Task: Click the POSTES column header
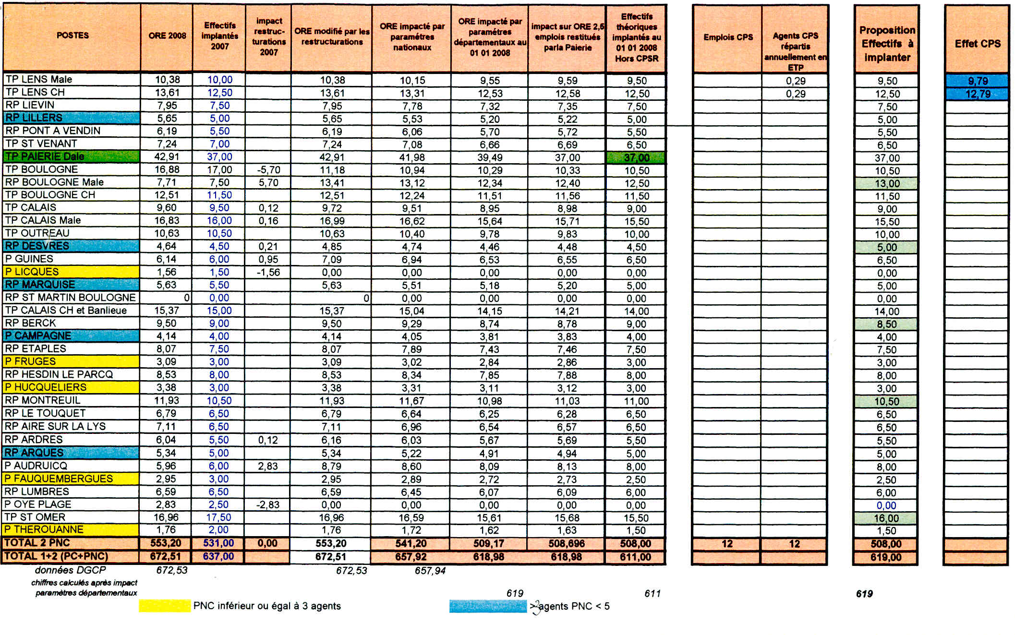[x=72, y=36]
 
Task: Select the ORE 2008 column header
[x=167, y=36]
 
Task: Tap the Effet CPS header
[x=978, y=44]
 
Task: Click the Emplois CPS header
[x=728, y=37]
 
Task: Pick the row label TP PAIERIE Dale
[x=45, y=156]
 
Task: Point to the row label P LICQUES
[x=32, y=272]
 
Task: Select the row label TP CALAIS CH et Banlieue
[x=66, y=311]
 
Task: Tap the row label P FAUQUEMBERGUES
[x=59, y=479]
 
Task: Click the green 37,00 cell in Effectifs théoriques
[x=637, y=157]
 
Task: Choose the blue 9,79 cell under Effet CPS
[x=978, y=81]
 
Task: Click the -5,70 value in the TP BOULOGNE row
[x=268, y=170]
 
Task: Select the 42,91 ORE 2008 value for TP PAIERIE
[x=167, y=156]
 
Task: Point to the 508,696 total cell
[x=567, y=543]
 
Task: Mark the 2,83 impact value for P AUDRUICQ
[x=268, y=466]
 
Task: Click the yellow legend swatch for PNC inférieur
[x=165, y=606]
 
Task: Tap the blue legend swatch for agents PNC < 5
[x=488, y=606]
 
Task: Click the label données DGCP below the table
[x=70, y=570]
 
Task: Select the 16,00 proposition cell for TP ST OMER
[x=886, y=518]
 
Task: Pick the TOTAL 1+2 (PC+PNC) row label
[x=56, y=556]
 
